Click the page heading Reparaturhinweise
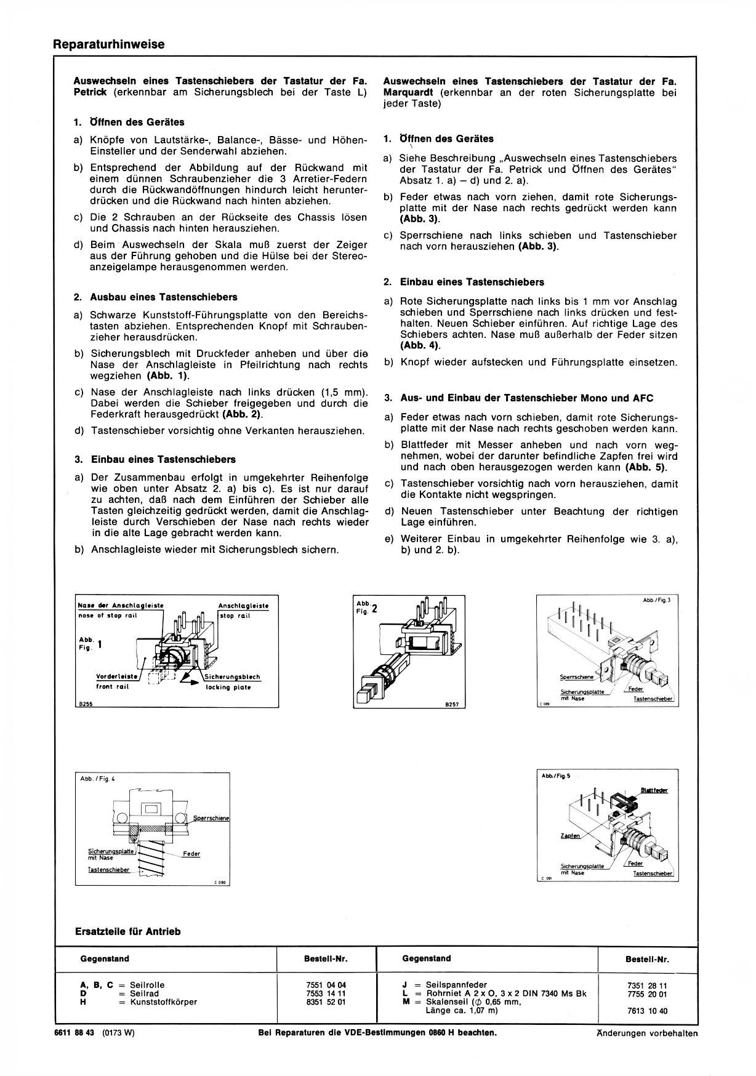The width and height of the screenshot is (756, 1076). tap(109, 45)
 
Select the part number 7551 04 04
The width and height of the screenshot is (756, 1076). tap(326, 985)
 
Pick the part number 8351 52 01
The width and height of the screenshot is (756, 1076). tap(326, 1002)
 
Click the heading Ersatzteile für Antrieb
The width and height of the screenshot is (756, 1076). tap(127, 931)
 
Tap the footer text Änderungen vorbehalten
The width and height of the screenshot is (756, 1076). tap(647, 1034)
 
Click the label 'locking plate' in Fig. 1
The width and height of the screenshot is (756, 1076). tap(228, 688)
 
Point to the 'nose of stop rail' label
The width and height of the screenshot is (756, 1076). tap(108, 616)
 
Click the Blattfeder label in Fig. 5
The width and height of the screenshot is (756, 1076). tap(654, 790)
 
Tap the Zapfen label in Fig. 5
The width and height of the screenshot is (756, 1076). tap(570, 836)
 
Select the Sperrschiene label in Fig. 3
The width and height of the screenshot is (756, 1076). tap(577, 677)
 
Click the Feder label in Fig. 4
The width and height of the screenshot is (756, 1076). tap(191, 854)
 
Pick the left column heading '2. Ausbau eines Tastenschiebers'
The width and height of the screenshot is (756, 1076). tap(155, 297)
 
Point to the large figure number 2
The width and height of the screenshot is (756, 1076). tap(374, 609)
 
